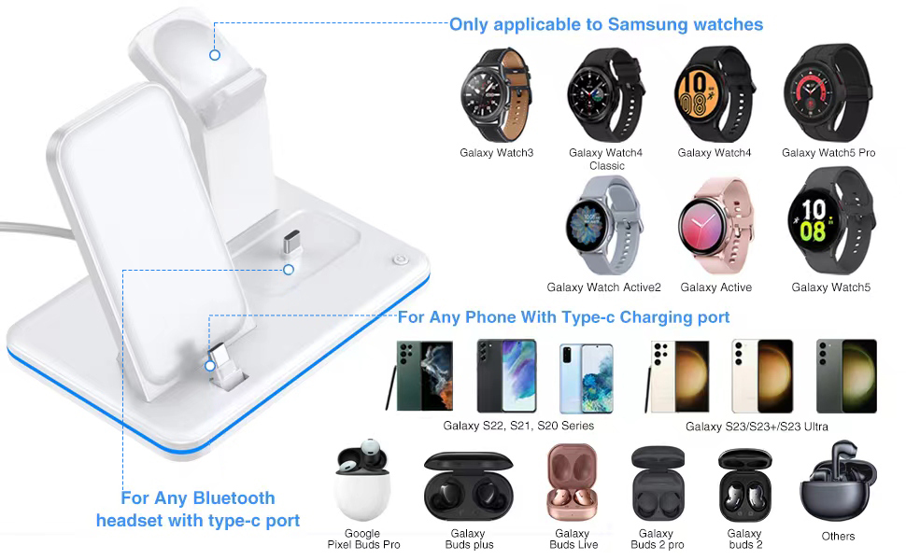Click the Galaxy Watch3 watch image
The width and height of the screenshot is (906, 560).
496,94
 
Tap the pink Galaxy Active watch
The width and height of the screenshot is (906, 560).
715,225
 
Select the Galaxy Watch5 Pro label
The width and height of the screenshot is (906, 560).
828,153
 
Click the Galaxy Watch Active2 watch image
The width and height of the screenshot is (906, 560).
603,225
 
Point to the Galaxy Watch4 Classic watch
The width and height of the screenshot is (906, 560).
605,94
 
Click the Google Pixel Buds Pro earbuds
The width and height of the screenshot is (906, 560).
362,481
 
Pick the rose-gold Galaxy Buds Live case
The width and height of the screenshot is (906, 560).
572,482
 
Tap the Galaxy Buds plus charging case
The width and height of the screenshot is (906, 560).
468,486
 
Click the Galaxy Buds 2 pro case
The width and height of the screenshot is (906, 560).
658,483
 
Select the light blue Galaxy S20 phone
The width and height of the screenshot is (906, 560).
586,378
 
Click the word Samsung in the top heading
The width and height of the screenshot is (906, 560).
647,24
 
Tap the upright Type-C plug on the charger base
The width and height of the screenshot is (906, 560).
291,243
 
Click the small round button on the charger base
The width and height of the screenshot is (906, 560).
400,259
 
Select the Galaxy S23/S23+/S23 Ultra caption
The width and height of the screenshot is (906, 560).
757,427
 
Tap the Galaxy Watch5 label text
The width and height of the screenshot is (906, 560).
831,287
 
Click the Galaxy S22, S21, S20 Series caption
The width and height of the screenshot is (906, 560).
518,426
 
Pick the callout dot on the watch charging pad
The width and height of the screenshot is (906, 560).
215,55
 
